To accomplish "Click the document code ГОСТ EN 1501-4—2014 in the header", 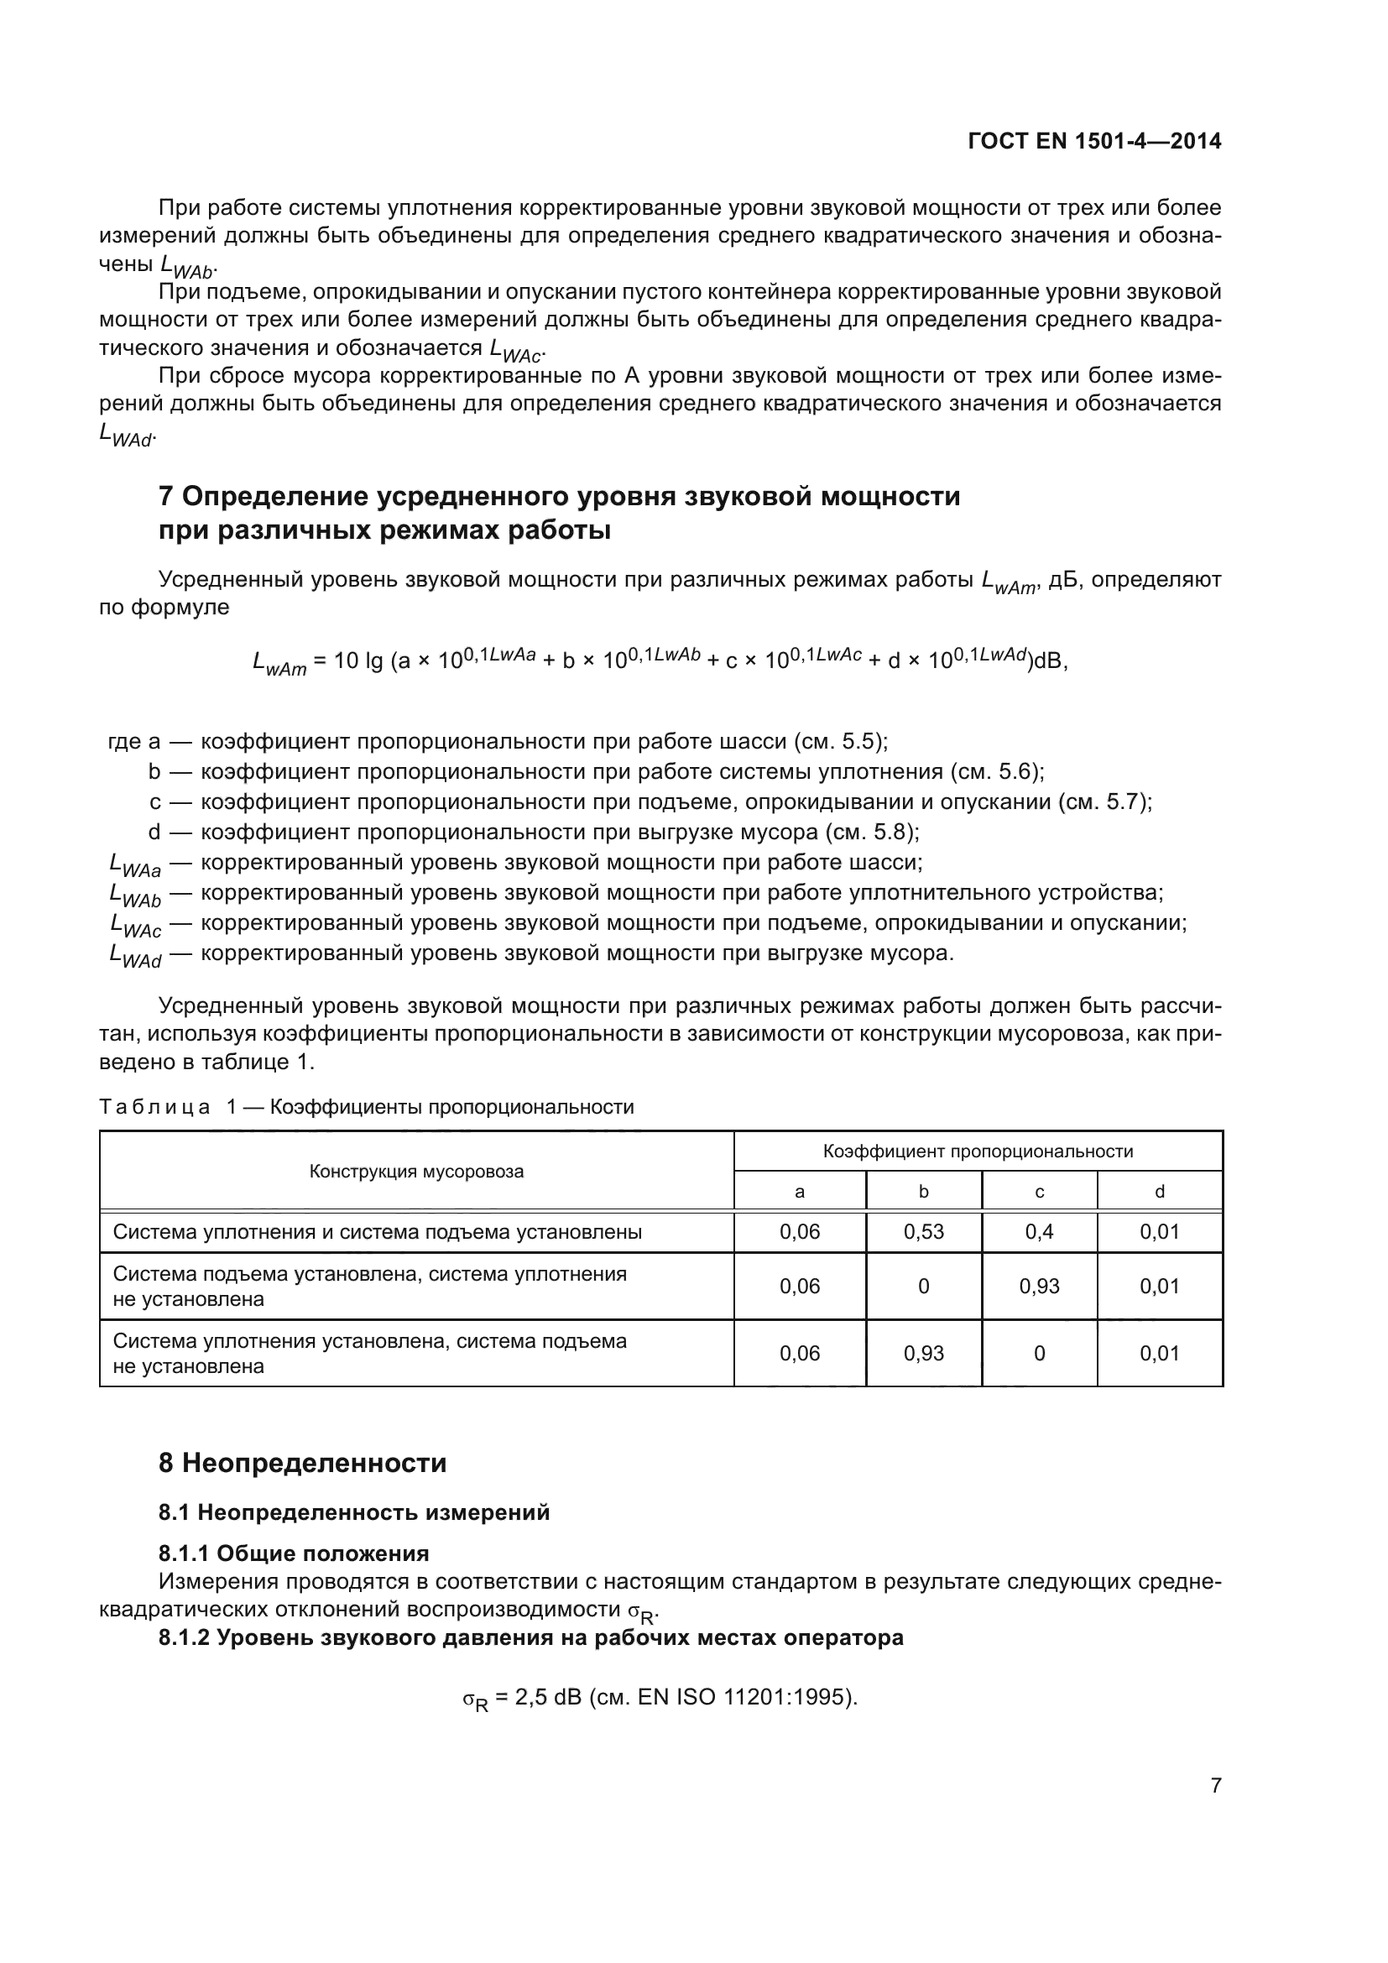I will pos(1094,141).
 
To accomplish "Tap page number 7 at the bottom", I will pos(1215,1785).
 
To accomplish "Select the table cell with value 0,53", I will pos(923,1232).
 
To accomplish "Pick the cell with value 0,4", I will pos(1038,1232).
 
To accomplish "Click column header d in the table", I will pos(1159,1191).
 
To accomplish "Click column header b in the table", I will pos(923,1191).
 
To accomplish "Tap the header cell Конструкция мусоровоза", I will pos(416,1172).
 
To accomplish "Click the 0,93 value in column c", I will pos(1038,1287).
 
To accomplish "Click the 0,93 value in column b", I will pos(923,1354).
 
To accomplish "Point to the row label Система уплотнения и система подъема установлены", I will pos(377,1232).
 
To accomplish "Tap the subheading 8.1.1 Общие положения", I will pos(293,1553).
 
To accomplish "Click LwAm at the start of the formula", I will pos(279,661).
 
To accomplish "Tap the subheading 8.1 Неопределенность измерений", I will pos(354,1512).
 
